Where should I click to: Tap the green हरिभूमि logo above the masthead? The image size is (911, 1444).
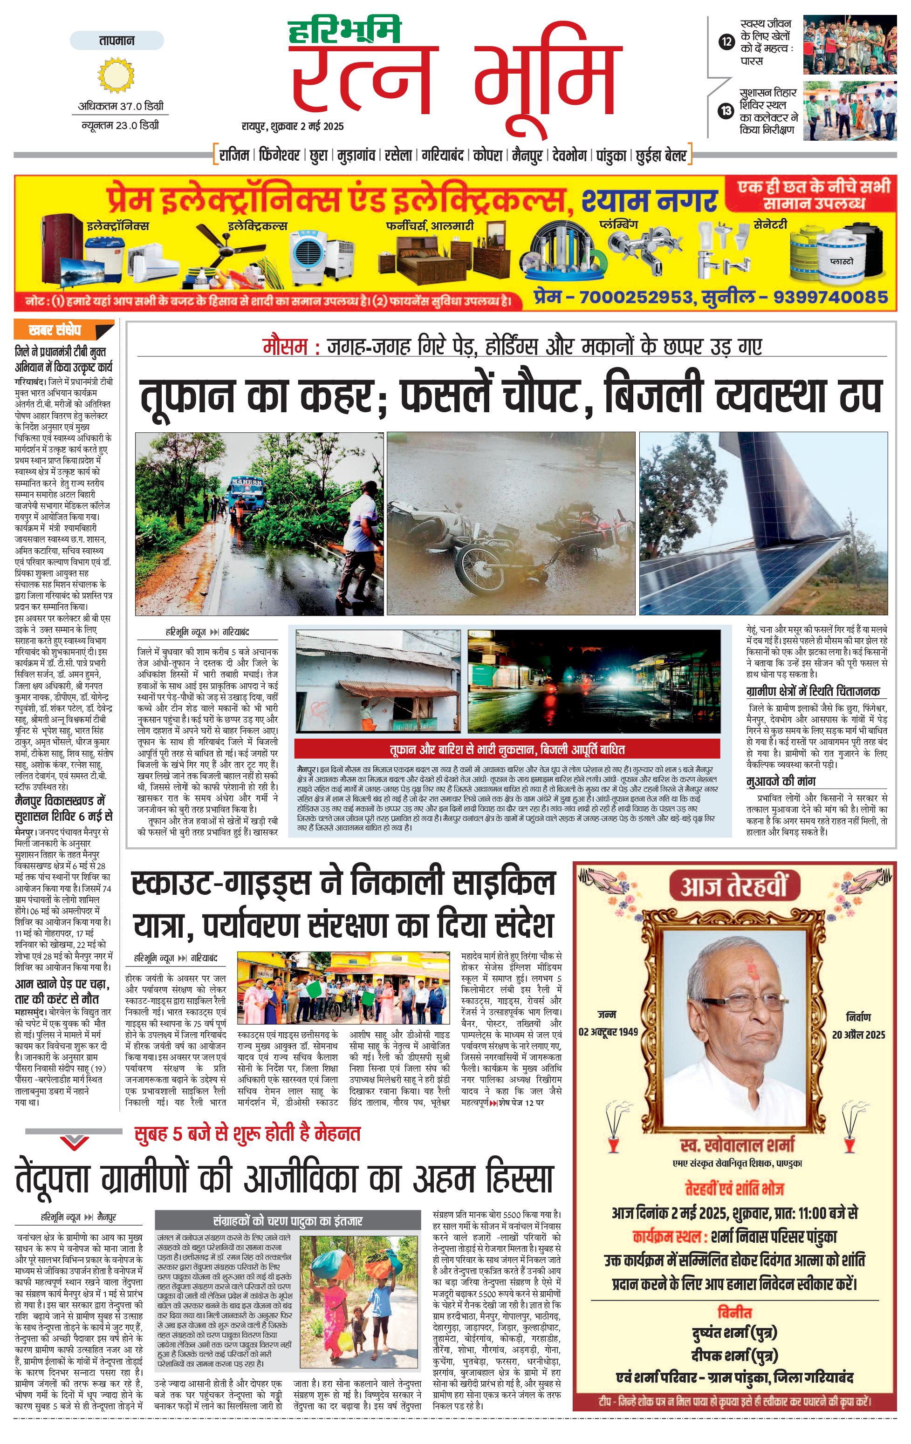pyautogui.click(x=344, y=31)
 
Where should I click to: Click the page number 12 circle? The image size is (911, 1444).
pyautogui.click(x=726, y=41)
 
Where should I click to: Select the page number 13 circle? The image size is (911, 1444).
pyautogui.click(x=726, y=110)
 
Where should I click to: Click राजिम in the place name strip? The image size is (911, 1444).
pyautogui.click(x=234, y=155)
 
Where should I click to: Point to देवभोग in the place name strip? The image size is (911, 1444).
pyautogui.click(x=569, y=155)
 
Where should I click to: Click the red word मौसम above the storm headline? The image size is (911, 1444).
pyautogui.click(x=285, y=347)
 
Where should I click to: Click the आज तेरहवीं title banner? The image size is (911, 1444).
pyautogui.click(x=733, y=887)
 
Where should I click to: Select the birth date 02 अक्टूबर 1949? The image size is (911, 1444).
pyautogui.click(x=608, y=1031)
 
